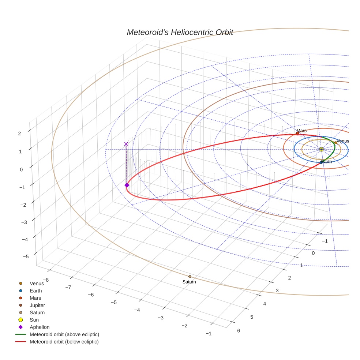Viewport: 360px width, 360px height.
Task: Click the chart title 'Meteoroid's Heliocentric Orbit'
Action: pyautogui.click(x=180, y=32)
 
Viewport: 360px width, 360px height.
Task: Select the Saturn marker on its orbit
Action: pyautogui.click(x=190, y=277)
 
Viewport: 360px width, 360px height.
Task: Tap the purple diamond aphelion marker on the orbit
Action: pyautogui.click(x=127, y=185)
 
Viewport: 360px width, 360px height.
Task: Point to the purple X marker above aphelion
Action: pyautogui.click(x=126, y=144)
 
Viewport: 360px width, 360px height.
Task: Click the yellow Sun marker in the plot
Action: pyautogui.click(x=321, y=149)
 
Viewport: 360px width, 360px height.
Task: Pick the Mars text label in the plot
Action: pyautogui.click(x=301, y=131)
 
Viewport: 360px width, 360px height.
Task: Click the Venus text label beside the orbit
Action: pyautogui.click(x=343, y=141)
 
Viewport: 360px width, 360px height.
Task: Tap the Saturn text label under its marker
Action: pyautogui.click(x=189, y=282)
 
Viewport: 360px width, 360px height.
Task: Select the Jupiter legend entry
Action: pyautogui.click(x=37, y=305)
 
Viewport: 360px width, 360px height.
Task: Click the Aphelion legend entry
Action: pyautogui.click(x=40, y=327)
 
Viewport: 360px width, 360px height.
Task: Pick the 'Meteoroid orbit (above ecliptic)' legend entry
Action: pyautogui.click(x=64, y=334)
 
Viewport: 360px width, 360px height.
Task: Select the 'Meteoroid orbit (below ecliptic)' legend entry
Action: pyautogui.click(x=64, y=342)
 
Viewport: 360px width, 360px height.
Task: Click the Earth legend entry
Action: pyautogui.click(x=36, y=290)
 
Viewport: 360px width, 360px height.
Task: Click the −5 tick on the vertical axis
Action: pyautogui.click(x=26, y=256)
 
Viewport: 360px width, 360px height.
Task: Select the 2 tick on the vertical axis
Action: pyautogui.click(x=19, y=134)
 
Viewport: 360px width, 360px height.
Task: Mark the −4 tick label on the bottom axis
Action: pyautogui.click(x=137, y=310)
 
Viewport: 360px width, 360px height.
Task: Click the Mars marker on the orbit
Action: pyautogui.click(x=297, y=133)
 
